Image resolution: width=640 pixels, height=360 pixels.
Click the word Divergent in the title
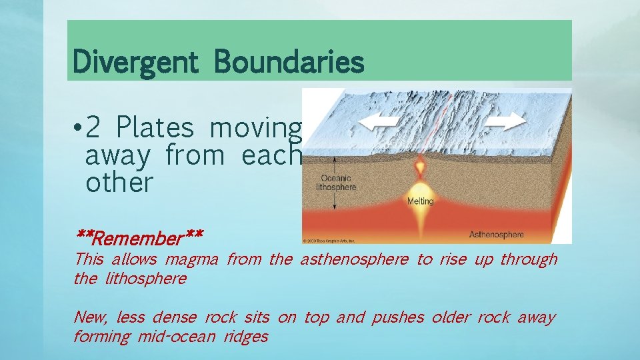135,63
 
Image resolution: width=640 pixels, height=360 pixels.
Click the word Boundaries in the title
289,63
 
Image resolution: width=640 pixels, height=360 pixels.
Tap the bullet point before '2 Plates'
78,127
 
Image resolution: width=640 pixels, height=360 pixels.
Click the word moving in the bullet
256,127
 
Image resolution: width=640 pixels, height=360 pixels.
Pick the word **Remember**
139,237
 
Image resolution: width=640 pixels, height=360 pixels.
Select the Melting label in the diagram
420,201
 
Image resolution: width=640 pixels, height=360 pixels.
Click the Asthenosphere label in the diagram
497,235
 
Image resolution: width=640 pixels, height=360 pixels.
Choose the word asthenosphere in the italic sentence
353,260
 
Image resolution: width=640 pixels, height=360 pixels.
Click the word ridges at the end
246,337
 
